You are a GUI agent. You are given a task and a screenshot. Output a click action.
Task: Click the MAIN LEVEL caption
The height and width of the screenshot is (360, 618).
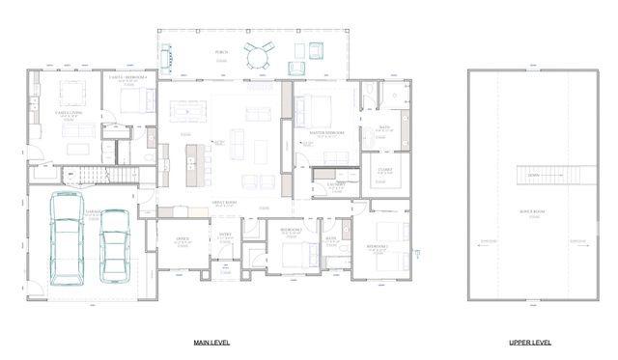[211, 343]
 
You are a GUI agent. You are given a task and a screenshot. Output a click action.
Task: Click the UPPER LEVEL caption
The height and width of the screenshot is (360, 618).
[530, 343]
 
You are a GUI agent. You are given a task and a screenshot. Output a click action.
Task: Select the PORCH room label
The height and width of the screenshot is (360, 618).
[221, 53]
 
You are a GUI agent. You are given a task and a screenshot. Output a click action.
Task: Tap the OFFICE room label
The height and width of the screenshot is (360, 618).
[182, 237]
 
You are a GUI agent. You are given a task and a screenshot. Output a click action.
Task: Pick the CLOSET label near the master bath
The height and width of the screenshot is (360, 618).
[383, 170]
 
